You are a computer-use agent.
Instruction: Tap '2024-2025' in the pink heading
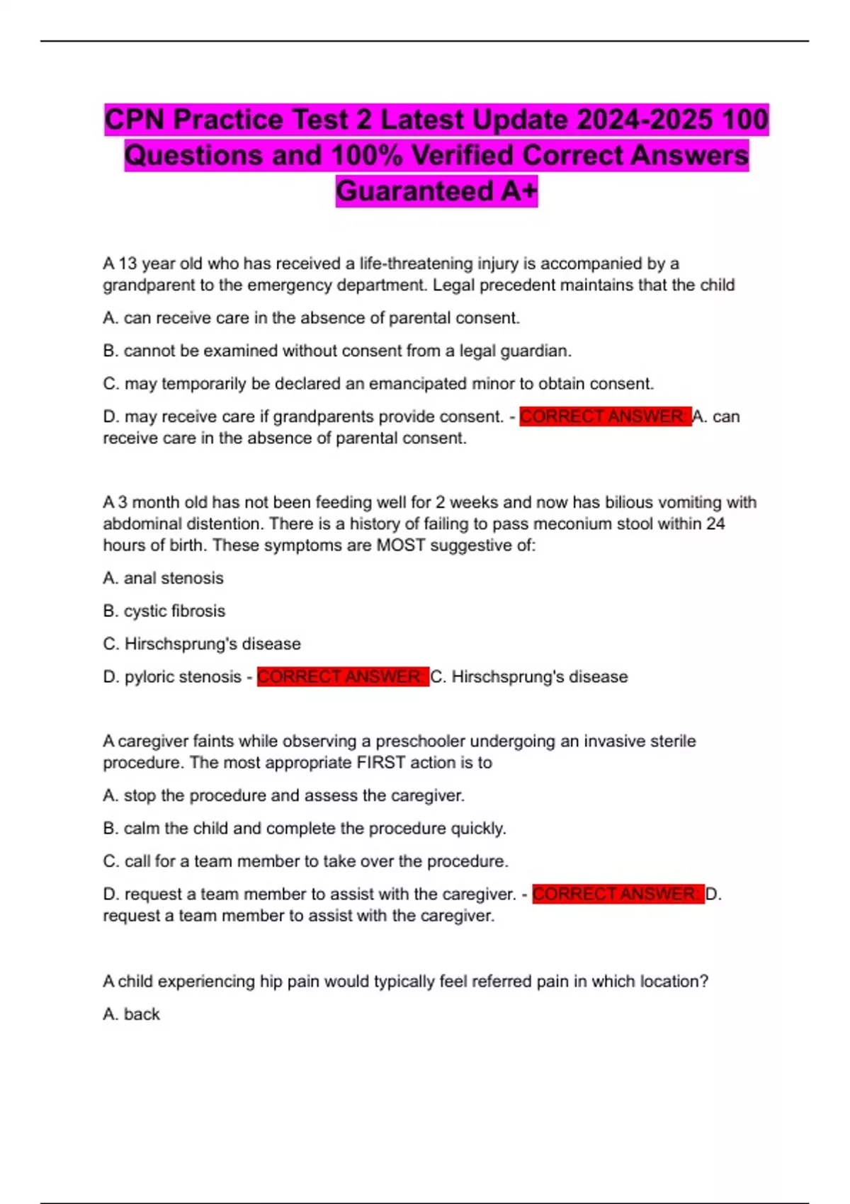click(644, 119)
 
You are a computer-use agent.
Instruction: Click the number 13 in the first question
click(127, 263)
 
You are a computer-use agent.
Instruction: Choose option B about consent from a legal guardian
click(337, 351)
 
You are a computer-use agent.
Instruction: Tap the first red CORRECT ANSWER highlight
click(605, 416)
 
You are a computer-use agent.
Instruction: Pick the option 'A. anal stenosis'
click(164, 578)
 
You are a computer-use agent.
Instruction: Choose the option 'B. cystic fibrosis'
click(164, 610)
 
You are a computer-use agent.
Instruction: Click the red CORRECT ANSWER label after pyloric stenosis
click(343, 676)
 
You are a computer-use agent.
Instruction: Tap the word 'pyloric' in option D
click(150, 676)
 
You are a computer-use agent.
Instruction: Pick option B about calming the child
click(305, 828)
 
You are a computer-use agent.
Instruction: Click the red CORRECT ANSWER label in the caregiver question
click(618, 894)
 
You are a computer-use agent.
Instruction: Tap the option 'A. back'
click(132, 1013)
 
